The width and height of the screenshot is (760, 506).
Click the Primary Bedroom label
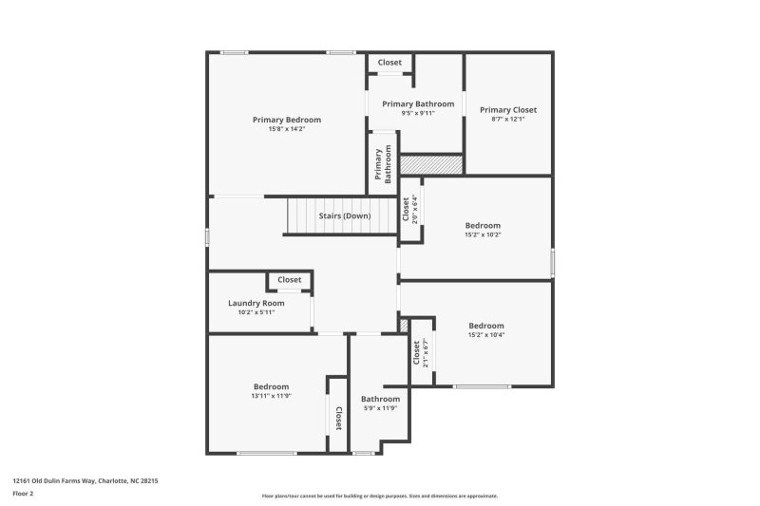click(286, 120)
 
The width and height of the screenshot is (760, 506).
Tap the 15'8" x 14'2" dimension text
click(286, 129)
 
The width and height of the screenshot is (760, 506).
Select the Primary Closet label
click(507, 109)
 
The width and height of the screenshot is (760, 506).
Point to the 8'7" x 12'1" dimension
click(507, 119)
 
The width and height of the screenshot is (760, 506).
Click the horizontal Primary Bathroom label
click(418, 103)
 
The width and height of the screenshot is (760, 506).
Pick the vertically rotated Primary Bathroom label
click(384, 164)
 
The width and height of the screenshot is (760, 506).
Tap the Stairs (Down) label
click(344, 216)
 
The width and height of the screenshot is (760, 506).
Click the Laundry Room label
click(256, 303)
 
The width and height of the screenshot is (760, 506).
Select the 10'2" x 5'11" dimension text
click(256, 311)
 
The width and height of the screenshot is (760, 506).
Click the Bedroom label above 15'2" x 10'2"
click(483, 225)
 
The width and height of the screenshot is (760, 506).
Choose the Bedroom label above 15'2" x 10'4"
click(485, 326)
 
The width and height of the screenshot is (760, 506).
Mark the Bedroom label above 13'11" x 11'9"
click(271, 386)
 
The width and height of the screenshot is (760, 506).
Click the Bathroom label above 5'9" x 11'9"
click(380, 399)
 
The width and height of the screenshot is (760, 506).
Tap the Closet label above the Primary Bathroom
click(389, 63)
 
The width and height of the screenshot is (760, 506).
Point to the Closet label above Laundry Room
click(290, 280)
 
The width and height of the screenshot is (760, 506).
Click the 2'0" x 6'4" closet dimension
click(414, 209)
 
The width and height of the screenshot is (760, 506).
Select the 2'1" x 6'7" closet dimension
click(426, 353)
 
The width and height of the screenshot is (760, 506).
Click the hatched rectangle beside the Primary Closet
click(431, 164)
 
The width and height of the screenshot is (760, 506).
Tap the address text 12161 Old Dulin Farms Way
click(85, 481)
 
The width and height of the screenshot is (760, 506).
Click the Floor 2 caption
click(23, 494)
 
